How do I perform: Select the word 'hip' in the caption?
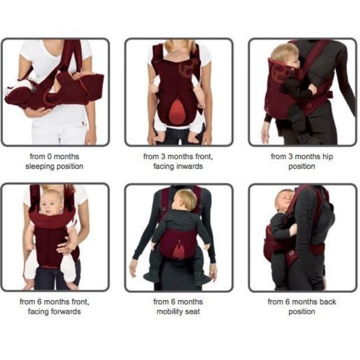(327, 157)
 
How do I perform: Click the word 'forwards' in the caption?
(66, 312)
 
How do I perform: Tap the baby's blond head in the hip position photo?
(285, 55)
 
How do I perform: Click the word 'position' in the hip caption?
(301, 166)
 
